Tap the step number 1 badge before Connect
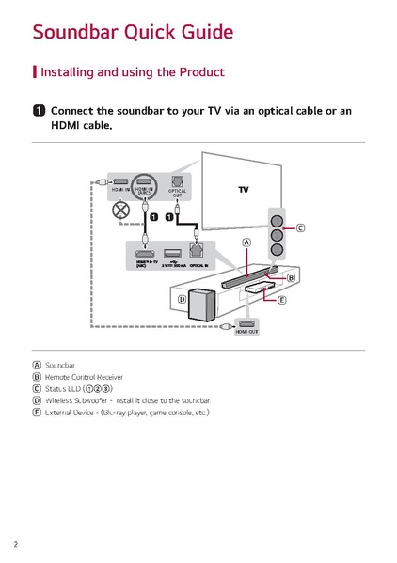coord(38,111)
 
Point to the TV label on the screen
coord(243,189)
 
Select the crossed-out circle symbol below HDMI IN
coord(120,211)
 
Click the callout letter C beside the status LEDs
coord(301,227)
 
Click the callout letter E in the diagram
coord(281,300)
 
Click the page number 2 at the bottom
coord(16,544)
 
